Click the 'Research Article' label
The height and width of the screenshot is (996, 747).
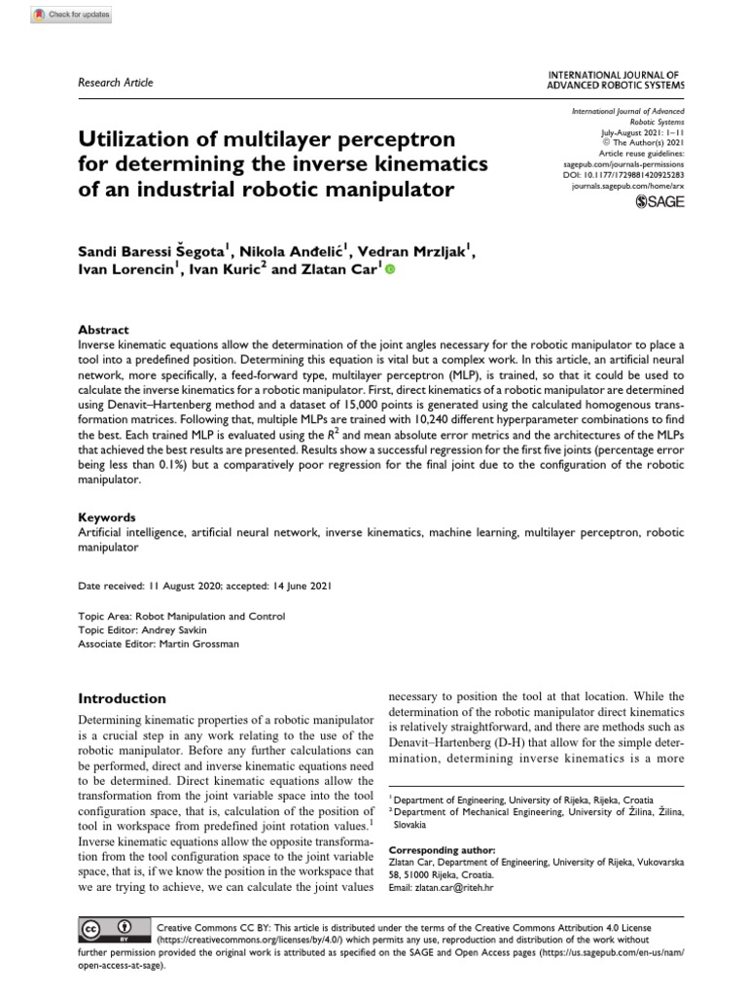pyautogui.click(x=115, y=83)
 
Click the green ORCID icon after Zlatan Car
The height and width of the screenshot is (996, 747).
pyautogui.click(x=391, y=270)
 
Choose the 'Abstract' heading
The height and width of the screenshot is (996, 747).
pyautogui.click(x=102, y=330)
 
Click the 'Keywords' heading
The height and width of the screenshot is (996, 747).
pyautogui.click(x=106, y=517)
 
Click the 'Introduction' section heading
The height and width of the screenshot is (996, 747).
pyautogui.click(x=122, y=698)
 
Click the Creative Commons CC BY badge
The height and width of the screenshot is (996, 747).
pyautogui.click(x=106, y=931)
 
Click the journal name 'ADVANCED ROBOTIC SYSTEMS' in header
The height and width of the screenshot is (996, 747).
pyautogui.click(x=617, y=86)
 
